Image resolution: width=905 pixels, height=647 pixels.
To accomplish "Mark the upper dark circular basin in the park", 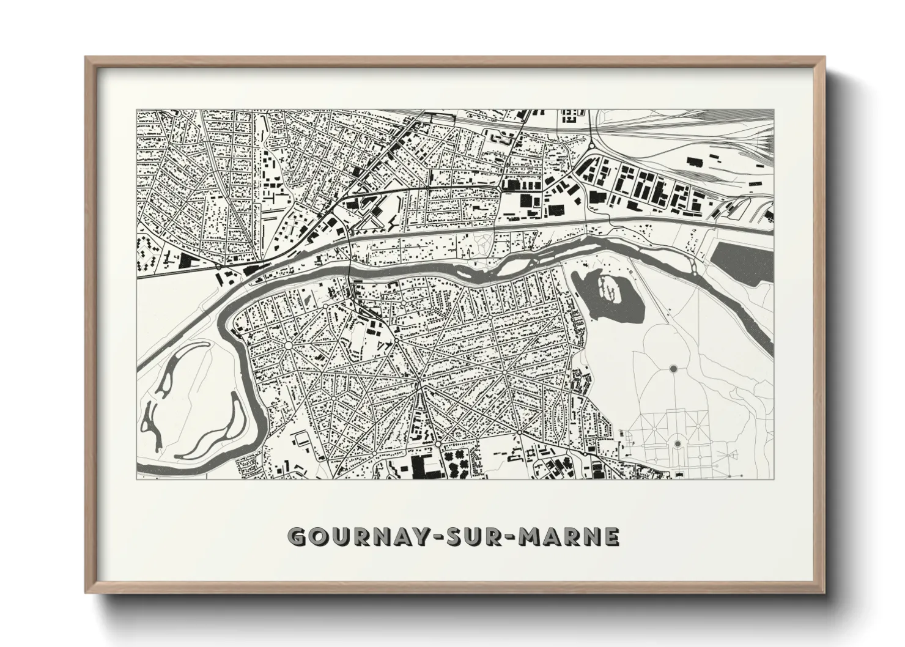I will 673,369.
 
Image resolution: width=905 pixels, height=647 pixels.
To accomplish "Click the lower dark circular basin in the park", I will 677,443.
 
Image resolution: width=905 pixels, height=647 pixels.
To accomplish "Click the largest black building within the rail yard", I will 695,161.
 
